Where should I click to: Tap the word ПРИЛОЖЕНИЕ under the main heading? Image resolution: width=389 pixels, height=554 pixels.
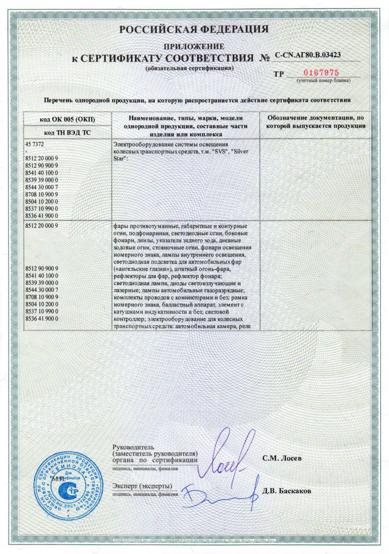click(x=194, y=46)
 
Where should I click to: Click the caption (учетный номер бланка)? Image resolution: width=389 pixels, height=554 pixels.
click(x=323, y=81)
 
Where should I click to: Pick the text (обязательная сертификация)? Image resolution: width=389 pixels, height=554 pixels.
click(x=189, y=68)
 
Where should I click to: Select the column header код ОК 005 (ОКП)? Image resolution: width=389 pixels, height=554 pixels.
click(x=67, y=119)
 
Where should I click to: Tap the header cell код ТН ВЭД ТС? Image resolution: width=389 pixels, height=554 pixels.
click(x=67, y=133)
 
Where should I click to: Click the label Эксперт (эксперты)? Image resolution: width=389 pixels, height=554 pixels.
click(x=142, y=487)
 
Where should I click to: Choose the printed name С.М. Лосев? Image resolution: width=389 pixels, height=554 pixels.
click(x=281, y=459)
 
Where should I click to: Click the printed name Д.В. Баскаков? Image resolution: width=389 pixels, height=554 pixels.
click(x=286, y=491)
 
